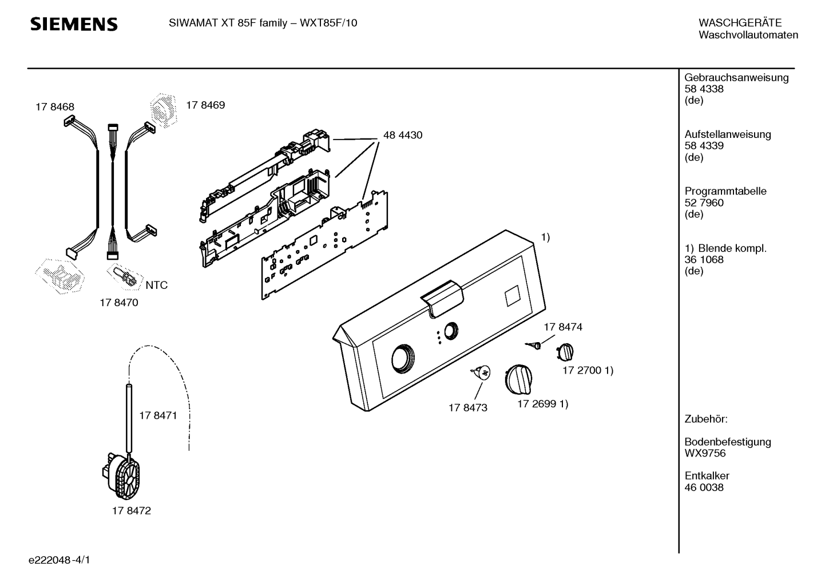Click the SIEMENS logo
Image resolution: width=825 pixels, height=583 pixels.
tap(74, 24)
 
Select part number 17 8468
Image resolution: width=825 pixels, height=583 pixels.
tap(55, 107)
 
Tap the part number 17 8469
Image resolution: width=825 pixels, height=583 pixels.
tap(205, 105)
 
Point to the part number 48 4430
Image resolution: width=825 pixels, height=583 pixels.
tap(403, 135)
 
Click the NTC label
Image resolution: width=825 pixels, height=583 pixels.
tap(157, 285)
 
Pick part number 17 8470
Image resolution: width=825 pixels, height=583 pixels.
tap(119, 303)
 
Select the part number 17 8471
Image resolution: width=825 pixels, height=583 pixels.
tap(158, 416)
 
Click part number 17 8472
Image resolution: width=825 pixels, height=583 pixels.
tap(132, 511)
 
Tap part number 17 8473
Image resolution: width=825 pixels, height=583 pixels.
tap(468, 408)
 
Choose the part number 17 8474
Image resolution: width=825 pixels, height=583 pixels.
tap(563, 327)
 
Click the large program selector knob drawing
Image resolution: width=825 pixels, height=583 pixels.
tap(518, 380)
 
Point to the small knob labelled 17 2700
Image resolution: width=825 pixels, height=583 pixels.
tap(565, 352)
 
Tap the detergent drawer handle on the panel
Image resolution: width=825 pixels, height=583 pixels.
tap(442, 298)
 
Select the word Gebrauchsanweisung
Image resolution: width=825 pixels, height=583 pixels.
tap(737, 78)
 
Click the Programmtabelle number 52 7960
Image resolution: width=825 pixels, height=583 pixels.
tap(704, 203)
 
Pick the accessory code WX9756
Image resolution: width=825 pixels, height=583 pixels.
tap(705, 453)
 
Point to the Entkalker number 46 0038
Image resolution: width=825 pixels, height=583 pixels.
tap(704, 487)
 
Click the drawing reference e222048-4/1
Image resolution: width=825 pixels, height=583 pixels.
tap(60, 560)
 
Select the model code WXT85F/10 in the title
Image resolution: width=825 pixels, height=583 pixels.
tap(328, 23)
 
